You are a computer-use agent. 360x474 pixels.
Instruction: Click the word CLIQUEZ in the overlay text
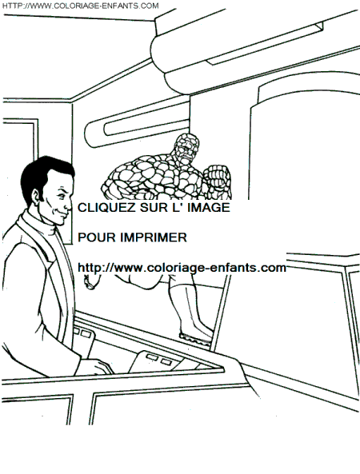106,208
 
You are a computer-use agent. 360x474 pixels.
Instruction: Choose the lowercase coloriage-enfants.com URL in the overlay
182,268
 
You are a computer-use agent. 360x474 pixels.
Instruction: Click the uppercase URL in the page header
80,6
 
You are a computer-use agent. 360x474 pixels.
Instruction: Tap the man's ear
37,197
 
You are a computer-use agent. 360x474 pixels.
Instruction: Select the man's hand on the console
96,366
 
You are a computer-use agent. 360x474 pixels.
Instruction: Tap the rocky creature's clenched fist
217,181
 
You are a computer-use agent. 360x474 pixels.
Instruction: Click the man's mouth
65,213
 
